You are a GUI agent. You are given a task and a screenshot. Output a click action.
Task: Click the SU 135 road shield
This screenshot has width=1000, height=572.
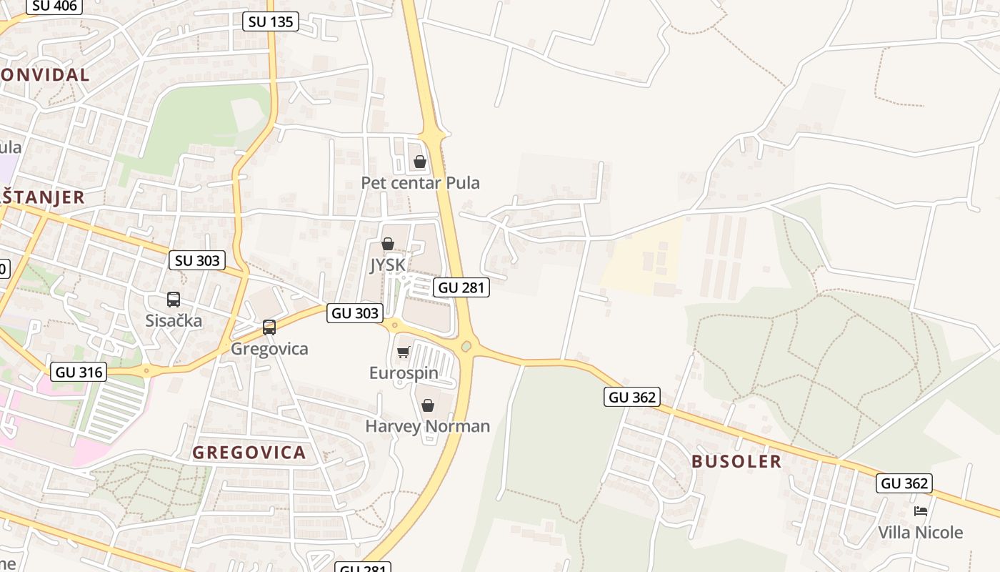click(x=270, y=21)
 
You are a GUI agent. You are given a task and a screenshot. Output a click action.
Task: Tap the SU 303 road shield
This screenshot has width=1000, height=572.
click(x=197, y=260)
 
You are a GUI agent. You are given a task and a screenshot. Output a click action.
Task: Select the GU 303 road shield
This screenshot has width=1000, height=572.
click(x=355, y=313)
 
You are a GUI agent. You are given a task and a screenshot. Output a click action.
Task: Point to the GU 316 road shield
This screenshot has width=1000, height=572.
click(x=80, y=372)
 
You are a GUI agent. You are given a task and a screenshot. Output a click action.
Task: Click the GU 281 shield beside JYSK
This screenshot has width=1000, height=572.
click(x=461, y=287)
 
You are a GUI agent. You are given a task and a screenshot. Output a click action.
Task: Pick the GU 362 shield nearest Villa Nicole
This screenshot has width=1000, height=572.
click(x=904, y=483)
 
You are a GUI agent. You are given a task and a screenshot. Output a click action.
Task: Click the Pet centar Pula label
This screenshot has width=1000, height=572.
click(x=420, y=183)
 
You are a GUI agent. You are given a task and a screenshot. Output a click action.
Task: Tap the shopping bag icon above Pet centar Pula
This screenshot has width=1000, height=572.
click(x=420, y=162)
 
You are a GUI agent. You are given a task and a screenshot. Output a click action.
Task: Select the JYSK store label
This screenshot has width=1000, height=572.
click(x=388, y=265)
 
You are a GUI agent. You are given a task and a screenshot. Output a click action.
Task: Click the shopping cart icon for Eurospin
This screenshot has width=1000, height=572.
click(x=404, y=352)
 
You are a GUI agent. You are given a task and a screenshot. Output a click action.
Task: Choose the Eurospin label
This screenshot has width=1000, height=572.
click(x=404, y=373)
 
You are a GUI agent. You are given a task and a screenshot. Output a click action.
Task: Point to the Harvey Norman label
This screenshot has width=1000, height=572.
click(x=427, y=426)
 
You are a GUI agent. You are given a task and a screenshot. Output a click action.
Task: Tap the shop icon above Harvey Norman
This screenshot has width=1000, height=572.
click(x=427, y=406)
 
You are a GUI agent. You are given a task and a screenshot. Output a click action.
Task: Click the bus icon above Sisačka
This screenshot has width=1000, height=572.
click(x=174, y=300)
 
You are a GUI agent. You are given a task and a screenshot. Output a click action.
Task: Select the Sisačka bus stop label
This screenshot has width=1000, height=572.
click(x=174, y=321)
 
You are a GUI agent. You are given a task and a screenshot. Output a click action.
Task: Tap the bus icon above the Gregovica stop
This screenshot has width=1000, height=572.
click(x=269, y=327)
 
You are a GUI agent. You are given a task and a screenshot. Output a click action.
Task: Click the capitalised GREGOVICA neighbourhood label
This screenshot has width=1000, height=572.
click(x=249, y=452)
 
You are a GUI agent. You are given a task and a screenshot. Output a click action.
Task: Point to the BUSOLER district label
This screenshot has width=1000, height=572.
click(x=736, y=461)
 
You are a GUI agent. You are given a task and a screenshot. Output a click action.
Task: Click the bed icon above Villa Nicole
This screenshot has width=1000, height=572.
click(x=921, y=511)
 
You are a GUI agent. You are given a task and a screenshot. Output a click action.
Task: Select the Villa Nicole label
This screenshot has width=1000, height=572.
click(x=920, y=533)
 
